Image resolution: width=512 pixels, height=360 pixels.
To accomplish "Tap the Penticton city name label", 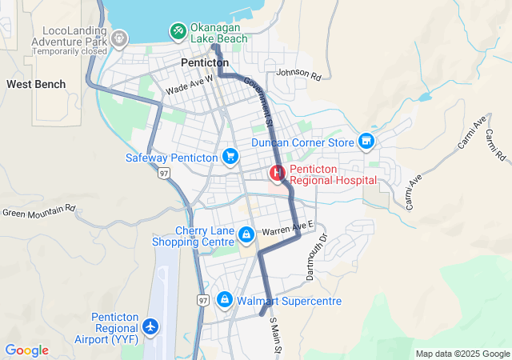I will pos(205,62).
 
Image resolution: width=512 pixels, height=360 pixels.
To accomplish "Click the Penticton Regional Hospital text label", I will pos(332,175).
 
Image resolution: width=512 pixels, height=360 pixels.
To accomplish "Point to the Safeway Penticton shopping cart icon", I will pos(230,157).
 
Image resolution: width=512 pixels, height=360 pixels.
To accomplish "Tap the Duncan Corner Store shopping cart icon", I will pos(366,142).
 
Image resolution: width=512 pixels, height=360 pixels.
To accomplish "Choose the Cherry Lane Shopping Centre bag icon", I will pos(246,234).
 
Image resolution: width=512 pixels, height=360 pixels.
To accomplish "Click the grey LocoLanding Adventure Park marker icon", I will pos(119,37).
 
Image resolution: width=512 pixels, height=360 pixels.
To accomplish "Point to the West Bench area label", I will pos(30,84).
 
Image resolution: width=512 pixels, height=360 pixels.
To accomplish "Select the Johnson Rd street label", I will pos(298,75).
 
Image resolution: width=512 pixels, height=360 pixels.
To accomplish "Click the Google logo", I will pos(27,350).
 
